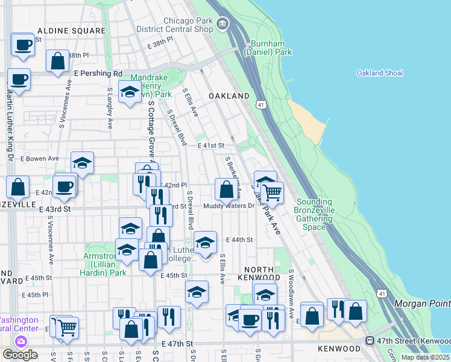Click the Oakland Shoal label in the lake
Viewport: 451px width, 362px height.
(379, 73)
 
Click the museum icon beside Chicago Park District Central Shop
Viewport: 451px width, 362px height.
(223, 24)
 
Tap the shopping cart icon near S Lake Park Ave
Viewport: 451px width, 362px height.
(273, 193)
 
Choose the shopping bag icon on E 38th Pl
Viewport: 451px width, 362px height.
(57, 61)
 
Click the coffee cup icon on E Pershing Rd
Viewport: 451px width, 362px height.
(19, 79)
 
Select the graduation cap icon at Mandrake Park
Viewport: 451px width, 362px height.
(130, 92)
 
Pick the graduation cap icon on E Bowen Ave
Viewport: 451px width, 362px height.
(83, 163)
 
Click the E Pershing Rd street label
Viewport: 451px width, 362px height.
(98, 74)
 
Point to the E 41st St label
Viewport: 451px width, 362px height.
(210, 145)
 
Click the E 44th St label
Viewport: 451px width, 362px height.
(240, 240)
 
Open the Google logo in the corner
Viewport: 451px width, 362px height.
(19, 355)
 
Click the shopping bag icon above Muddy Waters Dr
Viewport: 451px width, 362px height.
(226, 189)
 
